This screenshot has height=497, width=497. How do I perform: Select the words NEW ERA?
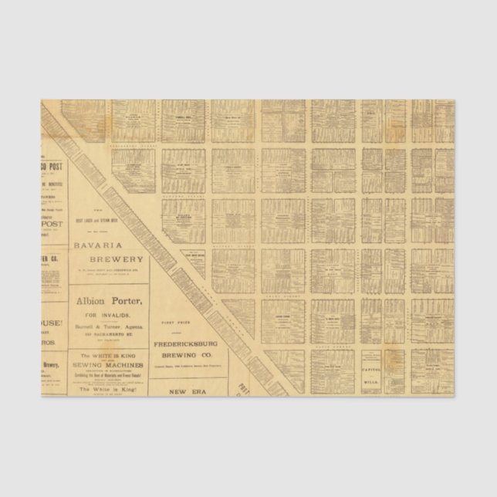point(188,391)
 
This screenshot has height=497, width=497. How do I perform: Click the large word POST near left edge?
point(54,224)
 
